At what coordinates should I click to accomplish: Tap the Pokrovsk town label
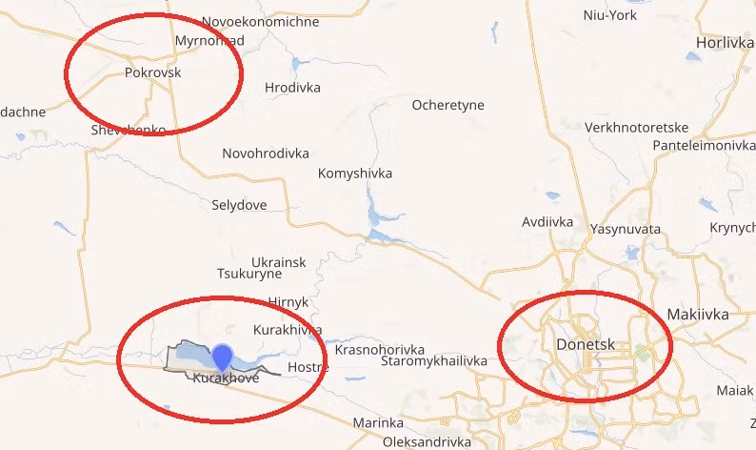coord(152,72)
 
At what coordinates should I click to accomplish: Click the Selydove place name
coord(239,205)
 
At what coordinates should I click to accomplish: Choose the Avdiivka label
coord(547,222)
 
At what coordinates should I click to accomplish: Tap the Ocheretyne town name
coord(448,105)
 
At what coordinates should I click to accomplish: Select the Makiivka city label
coord(698,314)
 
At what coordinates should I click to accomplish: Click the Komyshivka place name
coord(354,174)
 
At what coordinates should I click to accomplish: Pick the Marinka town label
coord(378,422)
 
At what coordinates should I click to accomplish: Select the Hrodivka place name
coord(292,88)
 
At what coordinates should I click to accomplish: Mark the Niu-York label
coord(609,14)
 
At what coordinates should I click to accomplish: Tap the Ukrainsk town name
coord(279,261)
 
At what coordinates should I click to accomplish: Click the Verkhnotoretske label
coord(637,128)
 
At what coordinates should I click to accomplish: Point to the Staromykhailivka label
coord(433,361)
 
